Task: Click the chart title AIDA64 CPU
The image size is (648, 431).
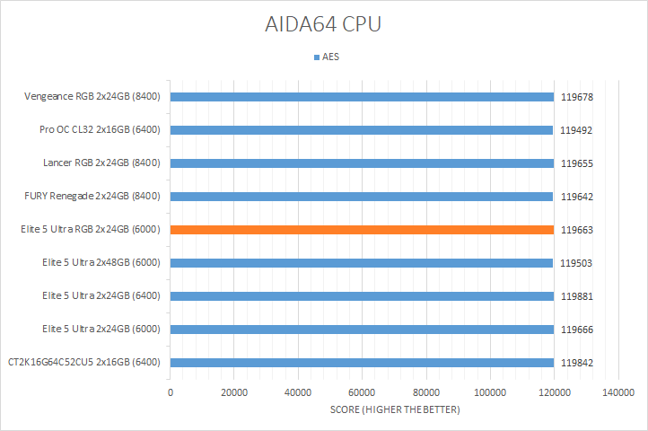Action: (324, 24)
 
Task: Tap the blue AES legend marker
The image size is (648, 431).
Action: (316, 57)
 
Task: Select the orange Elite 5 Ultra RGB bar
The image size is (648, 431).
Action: (362, 230)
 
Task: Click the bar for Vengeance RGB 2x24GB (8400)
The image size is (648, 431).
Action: (362, 97)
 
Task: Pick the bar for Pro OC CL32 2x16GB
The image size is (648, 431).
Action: (362, 130)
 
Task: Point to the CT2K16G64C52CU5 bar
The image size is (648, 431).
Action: (362, 363)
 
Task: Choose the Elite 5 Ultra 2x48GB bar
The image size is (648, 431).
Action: (362, 263)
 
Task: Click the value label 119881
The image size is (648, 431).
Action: (576, 296)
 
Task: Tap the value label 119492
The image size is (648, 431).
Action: (576, 130)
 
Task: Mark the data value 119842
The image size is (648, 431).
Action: (576, 363)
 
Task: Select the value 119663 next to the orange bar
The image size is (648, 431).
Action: (576, 230)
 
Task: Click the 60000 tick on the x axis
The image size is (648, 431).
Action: (362, 392)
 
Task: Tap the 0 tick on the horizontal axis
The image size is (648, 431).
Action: (171, 392)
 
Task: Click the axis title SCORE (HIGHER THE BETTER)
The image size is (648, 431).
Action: (394, 410)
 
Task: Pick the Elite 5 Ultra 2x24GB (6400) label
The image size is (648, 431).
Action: (101, 296)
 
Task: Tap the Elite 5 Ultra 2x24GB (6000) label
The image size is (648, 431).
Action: (101, 330)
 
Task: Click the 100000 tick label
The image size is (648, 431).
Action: (490, 392)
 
